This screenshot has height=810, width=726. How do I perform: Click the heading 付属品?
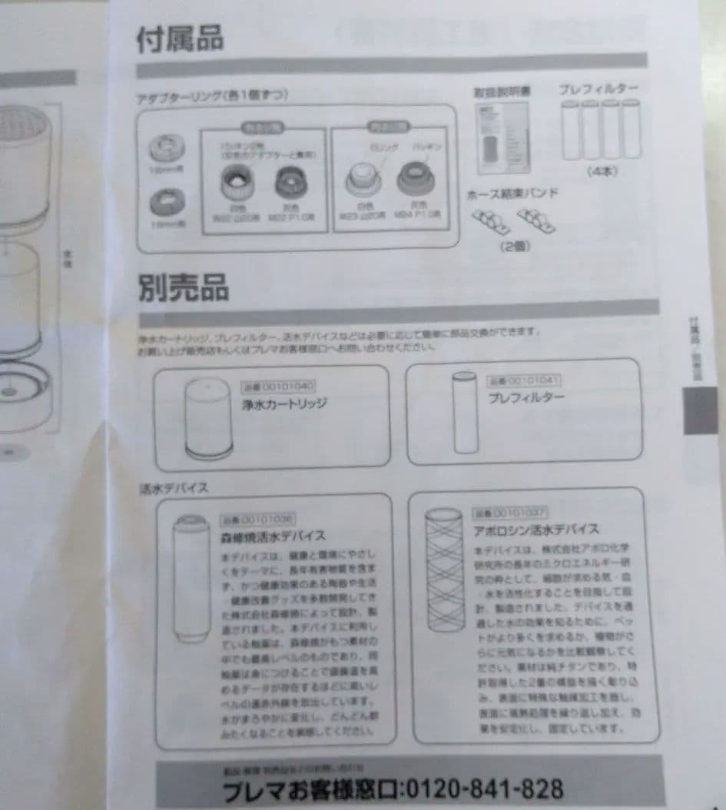click(x=180, y=39)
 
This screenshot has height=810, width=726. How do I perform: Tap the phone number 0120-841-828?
click(x=481, y=788)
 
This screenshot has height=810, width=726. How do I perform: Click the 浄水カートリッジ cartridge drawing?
click(x=207, y=420)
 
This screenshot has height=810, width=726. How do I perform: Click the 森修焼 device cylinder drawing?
click(x=191, y=578)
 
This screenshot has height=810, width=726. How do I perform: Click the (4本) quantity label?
click(x=602, y=171)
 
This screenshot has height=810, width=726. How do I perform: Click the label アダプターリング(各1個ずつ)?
click(x=212, y=96)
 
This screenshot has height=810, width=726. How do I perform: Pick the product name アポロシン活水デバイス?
click(x=536, y=529)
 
